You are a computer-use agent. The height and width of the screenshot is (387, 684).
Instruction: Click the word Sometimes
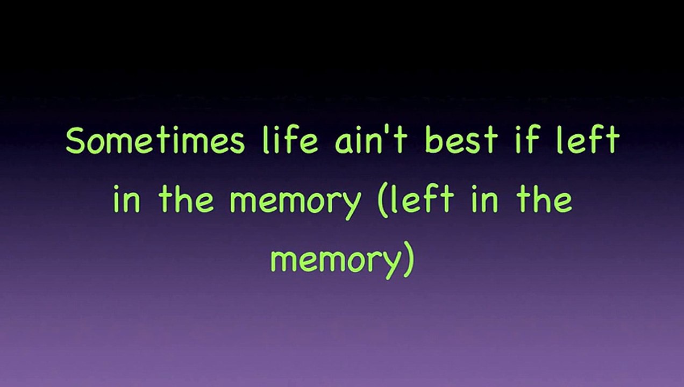[x=155, y=141]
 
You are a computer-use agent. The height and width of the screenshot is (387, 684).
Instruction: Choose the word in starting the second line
[x=128, y=199]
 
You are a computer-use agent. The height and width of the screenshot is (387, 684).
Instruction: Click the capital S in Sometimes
[x=77, y=141]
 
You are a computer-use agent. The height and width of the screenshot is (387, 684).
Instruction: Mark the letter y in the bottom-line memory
[x=391, y=263]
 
